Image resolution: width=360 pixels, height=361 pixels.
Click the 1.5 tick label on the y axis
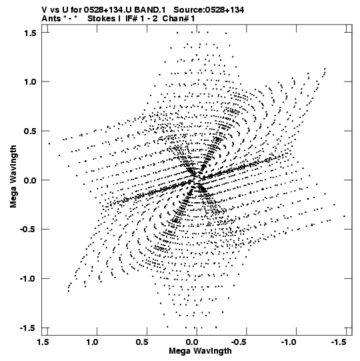tap(31, 33)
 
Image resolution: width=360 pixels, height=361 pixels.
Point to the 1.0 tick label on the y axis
tap(31, 81)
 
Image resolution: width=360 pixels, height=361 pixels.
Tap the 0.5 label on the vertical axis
tap(31, 131)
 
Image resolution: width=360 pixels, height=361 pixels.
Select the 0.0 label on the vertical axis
tap(31, 180)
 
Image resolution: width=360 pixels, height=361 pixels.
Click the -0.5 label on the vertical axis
tap(28, 230)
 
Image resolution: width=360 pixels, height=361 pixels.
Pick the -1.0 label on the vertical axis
tap(28, 279)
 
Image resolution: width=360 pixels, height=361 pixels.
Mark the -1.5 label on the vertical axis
tap(28, 328)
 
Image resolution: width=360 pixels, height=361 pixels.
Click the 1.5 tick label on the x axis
tap(43, 342)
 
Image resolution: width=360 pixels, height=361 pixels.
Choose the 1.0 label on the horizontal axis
tap(93, 342)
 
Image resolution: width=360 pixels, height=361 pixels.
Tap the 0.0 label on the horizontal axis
tap(192, 342)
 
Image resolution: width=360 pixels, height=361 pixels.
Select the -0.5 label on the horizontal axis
tap(239, 342)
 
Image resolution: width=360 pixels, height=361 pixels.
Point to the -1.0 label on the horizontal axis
tap(289, 342)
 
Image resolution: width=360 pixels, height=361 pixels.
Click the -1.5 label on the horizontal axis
tap(339, 342)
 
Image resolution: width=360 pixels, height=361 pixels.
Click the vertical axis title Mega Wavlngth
tap(13, 177)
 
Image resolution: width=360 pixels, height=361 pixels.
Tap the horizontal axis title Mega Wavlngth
tap(201, 351)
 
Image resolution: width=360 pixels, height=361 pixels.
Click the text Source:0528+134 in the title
tap(209, 10)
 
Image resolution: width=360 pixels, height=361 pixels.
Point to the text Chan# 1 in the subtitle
tap(179, 19)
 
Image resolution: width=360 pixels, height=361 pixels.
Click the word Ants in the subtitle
tap(51, 19)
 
